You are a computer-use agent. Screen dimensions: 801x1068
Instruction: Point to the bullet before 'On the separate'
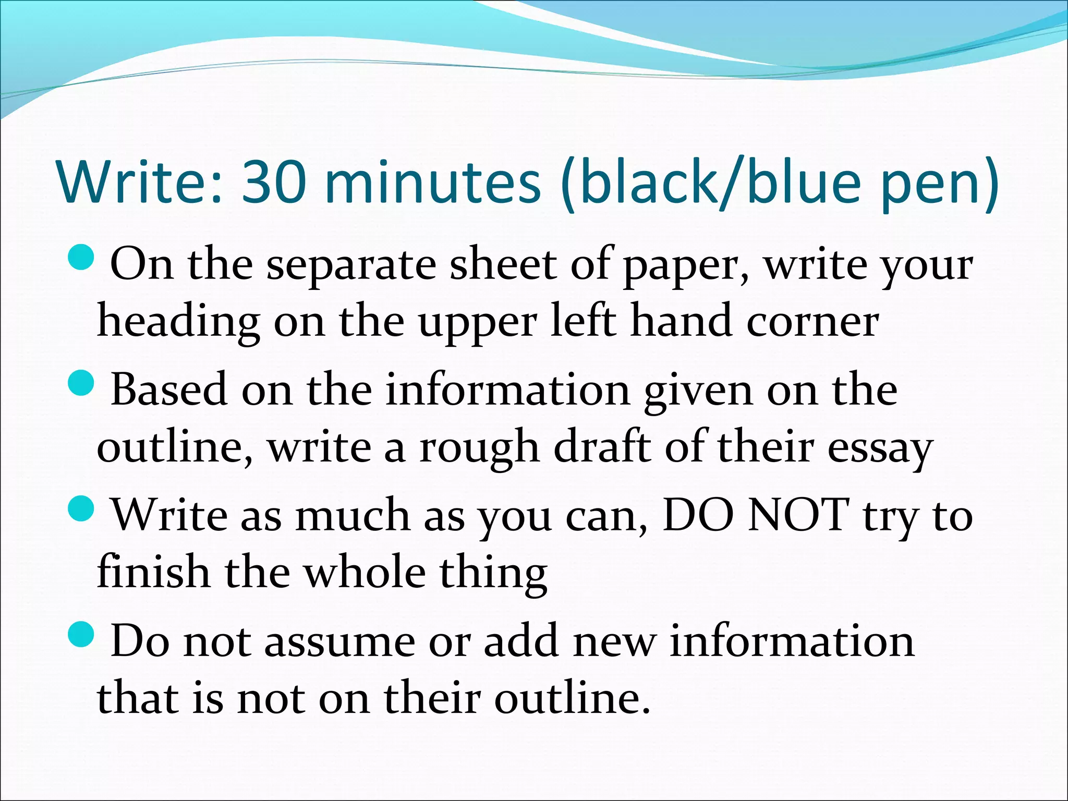point(81,257)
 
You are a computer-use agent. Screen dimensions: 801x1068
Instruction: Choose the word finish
point(153,572)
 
